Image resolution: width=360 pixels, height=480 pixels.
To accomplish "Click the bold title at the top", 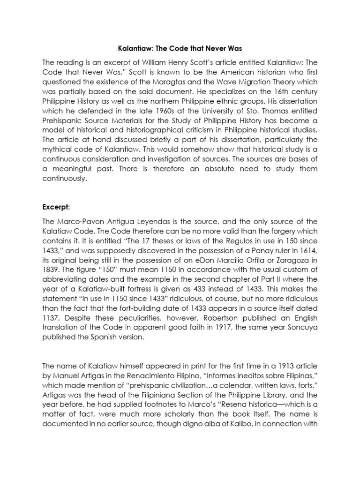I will point(180,48).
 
